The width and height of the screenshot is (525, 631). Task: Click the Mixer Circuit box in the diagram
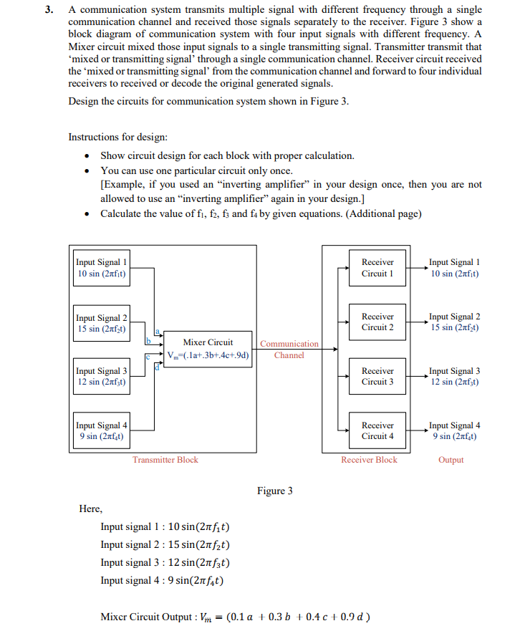pos(208,349)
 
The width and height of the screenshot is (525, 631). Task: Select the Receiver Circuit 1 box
pos(377,268)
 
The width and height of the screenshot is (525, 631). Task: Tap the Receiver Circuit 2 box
pos(377,322)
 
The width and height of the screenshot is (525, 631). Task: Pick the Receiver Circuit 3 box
pos(377,376)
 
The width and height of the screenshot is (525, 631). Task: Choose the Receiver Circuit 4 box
pos(377,430)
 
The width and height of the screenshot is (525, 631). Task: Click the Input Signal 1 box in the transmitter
pos(102,268)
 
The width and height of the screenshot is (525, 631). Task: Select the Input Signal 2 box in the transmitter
pos(102,323)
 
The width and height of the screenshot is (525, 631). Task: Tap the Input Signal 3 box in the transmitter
pos(102,376)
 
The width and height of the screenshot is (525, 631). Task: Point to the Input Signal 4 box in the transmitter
pos(102,430)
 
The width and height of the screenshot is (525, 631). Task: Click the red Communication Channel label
pos(289,350)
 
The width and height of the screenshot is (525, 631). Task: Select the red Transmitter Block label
pos(165,460)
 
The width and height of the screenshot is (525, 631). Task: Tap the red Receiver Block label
pos(369,460)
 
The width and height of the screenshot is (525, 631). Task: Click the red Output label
pos(451,460)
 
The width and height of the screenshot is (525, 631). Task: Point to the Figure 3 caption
pos(275,491)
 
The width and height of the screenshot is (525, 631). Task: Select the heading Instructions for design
pos(119,137)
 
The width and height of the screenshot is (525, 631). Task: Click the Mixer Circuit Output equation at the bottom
pos(236,617)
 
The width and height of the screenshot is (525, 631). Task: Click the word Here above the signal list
pos(90,509)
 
